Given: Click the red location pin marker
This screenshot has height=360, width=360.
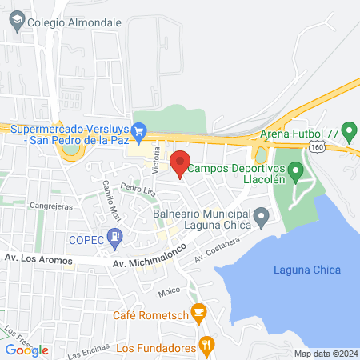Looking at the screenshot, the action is point(181,162).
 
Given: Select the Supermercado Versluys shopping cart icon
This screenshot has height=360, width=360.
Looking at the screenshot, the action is point(138,129).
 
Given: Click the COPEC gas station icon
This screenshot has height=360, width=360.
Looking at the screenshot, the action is point(117,236).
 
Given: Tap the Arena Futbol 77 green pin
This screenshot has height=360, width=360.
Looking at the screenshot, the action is point(348,129).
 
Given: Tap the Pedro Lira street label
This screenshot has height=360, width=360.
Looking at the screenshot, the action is point(137,189).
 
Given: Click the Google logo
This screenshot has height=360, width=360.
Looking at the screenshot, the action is point(26,350).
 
